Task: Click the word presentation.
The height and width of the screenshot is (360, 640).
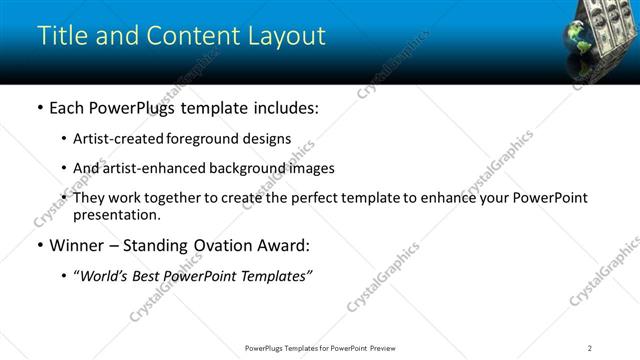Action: pos(116,215)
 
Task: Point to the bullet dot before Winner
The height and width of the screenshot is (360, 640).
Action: pos(39,246)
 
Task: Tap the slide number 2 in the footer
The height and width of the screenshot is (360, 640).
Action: pos(590,348)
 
